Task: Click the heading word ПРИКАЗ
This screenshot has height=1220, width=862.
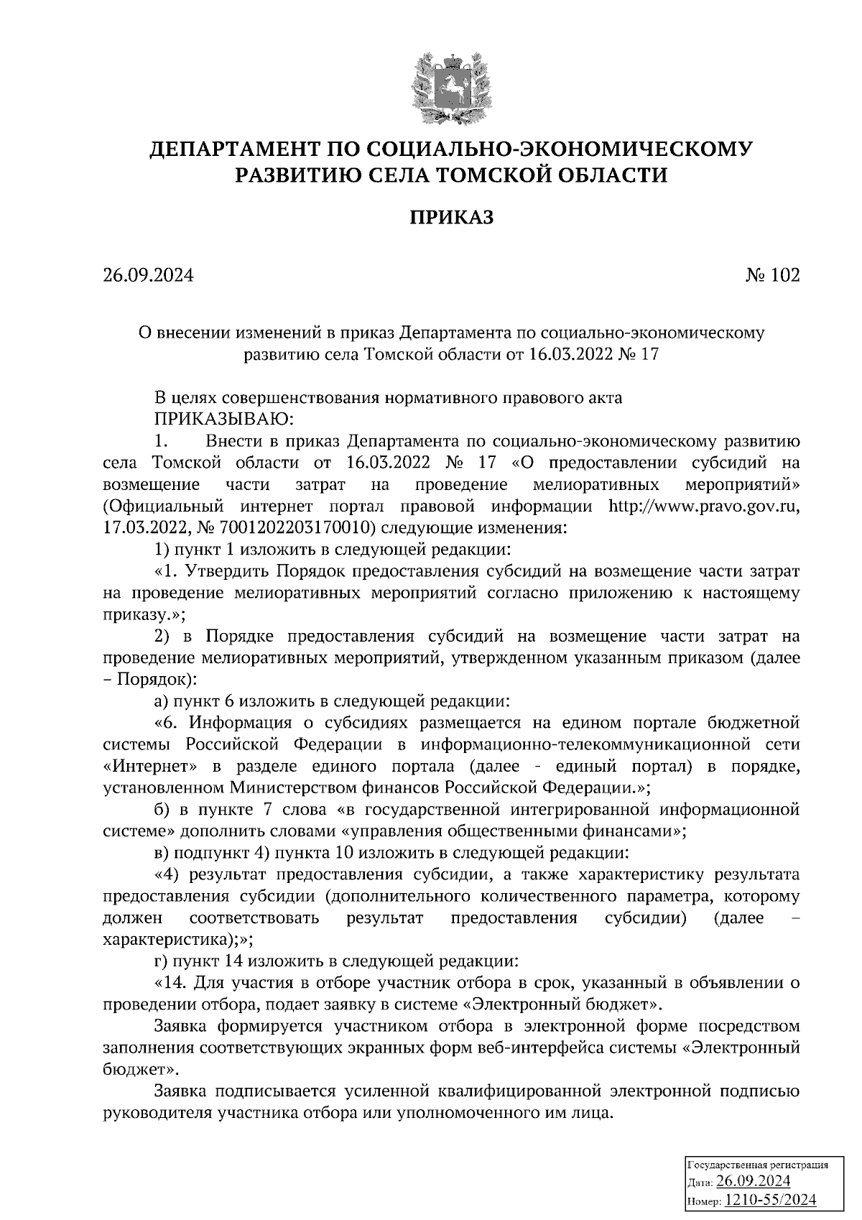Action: [x=452, y=216]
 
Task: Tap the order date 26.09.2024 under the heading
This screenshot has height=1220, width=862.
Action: [x=148, y=276]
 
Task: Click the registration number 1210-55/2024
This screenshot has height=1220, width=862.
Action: [x=770, y=1200]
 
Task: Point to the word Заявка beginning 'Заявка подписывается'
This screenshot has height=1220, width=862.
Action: [x=180, y=1091]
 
